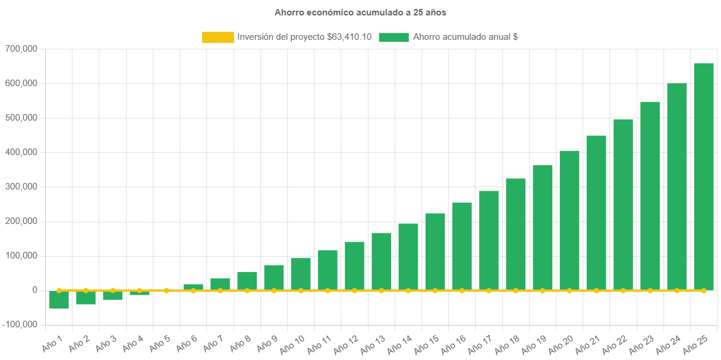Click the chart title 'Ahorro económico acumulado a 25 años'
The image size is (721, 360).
click(360, 12)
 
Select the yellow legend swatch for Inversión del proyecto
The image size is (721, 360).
click(218, 37)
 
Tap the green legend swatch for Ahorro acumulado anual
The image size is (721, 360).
click(393, 37)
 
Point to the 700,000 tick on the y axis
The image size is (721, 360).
click(21, 49)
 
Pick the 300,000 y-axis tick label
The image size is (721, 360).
click(21, 187)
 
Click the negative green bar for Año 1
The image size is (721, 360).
click(59, 300)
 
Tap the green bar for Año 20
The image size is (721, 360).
click(569, 220)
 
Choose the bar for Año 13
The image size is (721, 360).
click(382, 261)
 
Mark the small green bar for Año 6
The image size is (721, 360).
click(193, 287)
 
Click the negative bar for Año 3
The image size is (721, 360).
click(112, 295)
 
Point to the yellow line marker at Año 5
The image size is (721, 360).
click(166, 290)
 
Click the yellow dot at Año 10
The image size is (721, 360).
click(301, 290)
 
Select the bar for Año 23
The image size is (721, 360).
click(650, 196)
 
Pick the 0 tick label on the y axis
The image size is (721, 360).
click(35, 290)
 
